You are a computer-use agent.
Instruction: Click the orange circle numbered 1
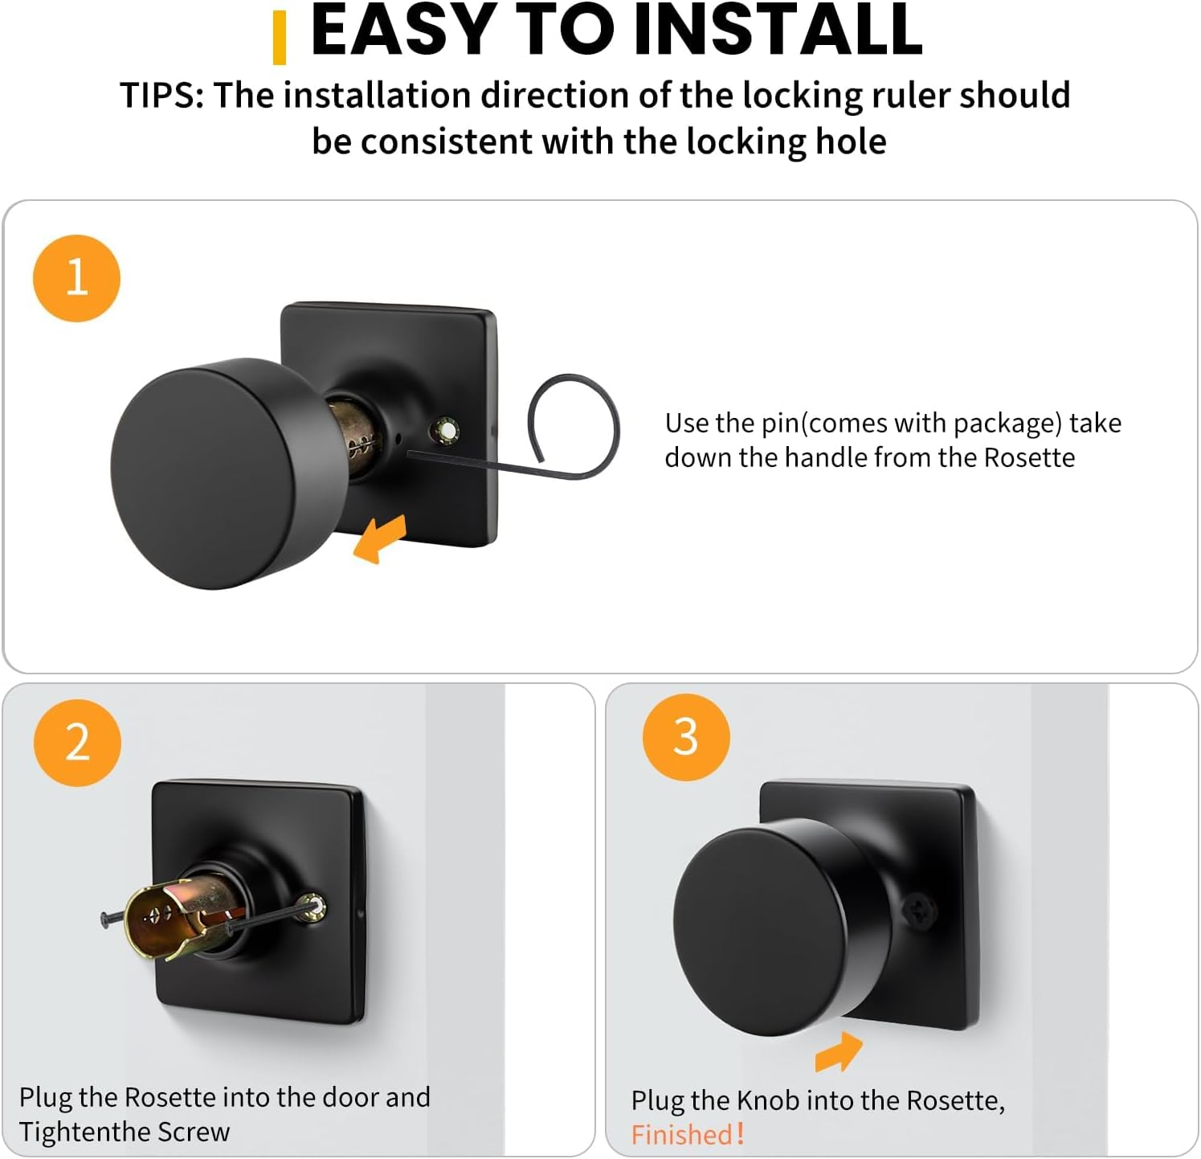76,278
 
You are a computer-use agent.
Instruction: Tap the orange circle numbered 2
77,742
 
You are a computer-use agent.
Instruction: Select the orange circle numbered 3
685,736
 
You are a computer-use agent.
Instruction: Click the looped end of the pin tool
573,427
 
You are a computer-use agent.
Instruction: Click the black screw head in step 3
917,911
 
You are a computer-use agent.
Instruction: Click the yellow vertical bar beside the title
280,38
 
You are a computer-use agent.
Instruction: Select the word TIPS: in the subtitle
162,96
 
